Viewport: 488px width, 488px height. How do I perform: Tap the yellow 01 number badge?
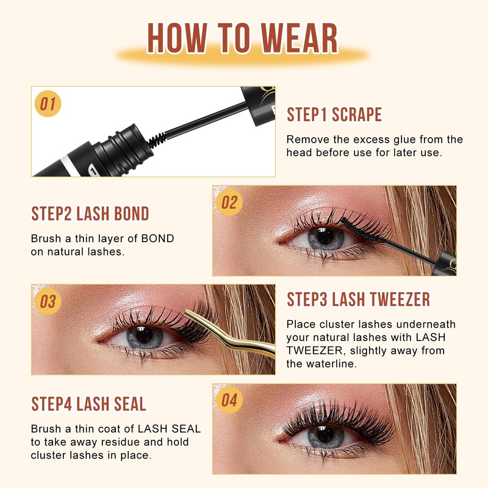[48, 104]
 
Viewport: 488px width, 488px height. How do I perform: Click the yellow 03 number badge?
[48, 301]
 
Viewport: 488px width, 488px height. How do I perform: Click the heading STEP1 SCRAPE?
[334, 115]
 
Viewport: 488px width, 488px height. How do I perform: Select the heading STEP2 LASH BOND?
[90, 213]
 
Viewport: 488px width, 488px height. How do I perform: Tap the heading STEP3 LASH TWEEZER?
[358, 300]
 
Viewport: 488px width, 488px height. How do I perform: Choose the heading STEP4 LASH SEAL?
[88, 404]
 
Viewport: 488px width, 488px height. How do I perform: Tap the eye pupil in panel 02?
[325, 239]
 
